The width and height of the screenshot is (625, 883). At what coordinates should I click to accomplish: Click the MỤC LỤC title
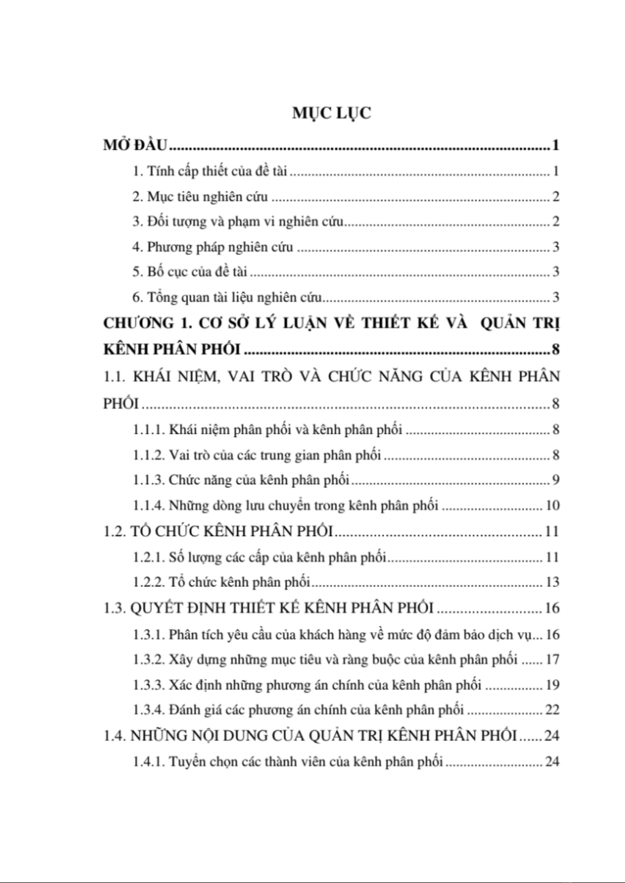pos(331,113)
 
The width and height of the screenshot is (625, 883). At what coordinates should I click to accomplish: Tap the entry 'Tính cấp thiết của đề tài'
pos(217,171)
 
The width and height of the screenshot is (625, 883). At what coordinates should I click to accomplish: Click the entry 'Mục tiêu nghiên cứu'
pos(207,197)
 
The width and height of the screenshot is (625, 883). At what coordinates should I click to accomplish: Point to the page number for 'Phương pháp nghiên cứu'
pos(556,247)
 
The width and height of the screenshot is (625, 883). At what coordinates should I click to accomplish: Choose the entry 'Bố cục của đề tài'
pos(197,272)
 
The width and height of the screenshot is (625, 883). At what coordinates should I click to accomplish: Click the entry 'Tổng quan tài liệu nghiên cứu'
pos(234,297)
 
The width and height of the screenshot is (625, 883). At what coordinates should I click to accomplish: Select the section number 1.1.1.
pos(148,430)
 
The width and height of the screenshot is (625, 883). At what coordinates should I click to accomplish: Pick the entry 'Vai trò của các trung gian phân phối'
pos(275,455)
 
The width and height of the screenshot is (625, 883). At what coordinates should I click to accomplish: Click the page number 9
pos(556,480)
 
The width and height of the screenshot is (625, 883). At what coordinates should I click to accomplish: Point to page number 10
pos(553,506)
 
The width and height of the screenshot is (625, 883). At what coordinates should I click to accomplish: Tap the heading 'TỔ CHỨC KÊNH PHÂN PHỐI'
pos(232,531)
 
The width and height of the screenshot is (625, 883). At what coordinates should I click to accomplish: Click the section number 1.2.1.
pos(148,557)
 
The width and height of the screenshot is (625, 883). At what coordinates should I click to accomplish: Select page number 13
pos(553,582)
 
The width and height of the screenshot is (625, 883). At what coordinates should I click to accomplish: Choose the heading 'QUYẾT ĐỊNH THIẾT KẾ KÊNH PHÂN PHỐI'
pos(282,608)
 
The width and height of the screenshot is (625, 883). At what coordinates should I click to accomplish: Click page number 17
pos(553,659)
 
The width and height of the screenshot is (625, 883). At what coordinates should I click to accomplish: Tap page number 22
pos(553,710)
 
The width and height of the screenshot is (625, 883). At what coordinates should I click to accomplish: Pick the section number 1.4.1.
pos(148,761)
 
